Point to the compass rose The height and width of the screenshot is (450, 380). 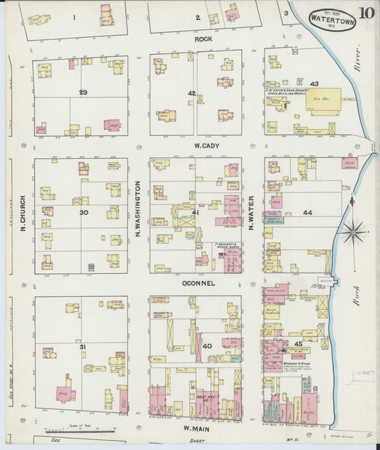pos(354,231)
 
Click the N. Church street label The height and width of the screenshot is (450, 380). pos(24,214)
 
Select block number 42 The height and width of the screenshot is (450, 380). pos(191,93)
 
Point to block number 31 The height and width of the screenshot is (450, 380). pos(83,347)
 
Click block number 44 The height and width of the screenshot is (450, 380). pos(307,213)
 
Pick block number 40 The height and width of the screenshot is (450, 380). pos(207,346)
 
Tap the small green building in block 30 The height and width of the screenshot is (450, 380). pos(91,267)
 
